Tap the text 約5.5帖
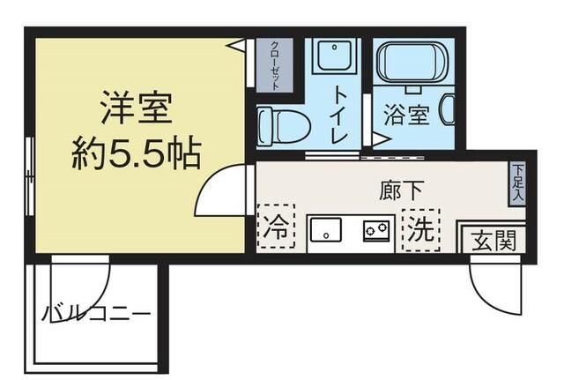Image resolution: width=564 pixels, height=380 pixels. pos(136,155)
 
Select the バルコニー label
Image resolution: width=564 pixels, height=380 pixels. pos(96,313)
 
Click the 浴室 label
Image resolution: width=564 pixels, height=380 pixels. pos(406,115)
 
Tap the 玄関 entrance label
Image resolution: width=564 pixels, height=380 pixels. pos(492,239)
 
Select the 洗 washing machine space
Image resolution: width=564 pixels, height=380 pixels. pos(419,229)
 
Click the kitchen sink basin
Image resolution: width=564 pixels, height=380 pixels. pos(326,232)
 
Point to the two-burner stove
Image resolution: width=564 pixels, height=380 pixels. pos(378,231)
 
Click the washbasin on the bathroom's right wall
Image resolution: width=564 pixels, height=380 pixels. pos(446,109)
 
